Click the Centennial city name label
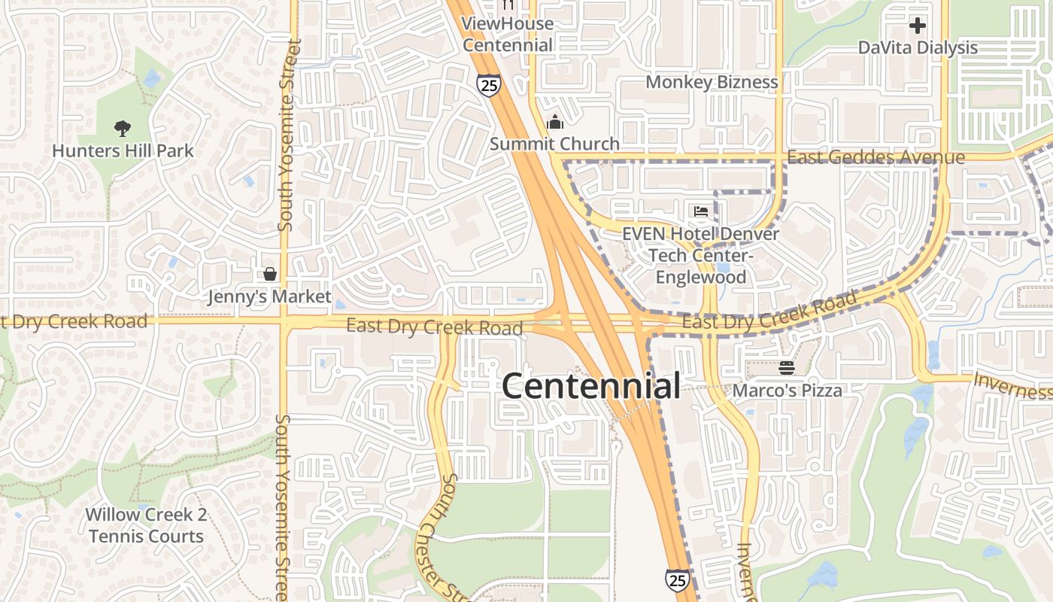click(x=590, y=386)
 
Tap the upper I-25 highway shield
click(x=488, y=84)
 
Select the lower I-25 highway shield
click(x=677, y=579)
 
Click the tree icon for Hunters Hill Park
click(x=123, y=129)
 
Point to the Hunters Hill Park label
click(x=123, y=150)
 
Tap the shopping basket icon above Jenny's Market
click(x=269, y=275)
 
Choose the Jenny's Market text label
click(x=269, y=296)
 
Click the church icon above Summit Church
click(x=555, y=122)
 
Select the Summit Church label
click(x=555, y=144)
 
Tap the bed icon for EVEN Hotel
click(x=701, y=211)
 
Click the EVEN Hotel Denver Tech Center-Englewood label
click(x=701, y=255)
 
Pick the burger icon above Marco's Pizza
click(x=787, y=368)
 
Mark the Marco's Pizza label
click(x=787, y=390)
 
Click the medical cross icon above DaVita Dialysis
click(x=918, y=26)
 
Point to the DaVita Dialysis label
click(x=918, y=47)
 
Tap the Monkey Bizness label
click(x=712, y=82)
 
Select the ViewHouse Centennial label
click(x=508, y=34)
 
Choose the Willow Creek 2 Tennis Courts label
click(x=145, y=525)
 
